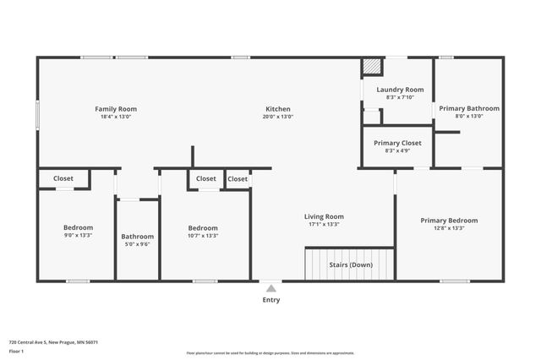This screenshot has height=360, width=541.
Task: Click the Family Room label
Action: coord(116,109)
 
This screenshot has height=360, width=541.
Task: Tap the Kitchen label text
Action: coord(278,109)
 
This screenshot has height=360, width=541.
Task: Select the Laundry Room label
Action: coord(400,90)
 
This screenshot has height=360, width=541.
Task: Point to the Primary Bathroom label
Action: coord(469,108)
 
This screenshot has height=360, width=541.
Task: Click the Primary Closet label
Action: coord(398,143)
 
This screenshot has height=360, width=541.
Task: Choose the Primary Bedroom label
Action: coord(449,220)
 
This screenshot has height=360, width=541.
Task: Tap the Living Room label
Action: coord(324,216)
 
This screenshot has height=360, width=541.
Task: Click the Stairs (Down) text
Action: coord(350,265)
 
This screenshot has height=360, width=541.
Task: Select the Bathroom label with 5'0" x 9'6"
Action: coord(137,237)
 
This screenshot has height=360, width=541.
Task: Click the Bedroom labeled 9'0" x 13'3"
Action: coord(78,227)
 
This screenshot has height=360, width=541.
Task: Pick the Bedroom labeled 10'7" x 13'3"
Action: coord(203,228)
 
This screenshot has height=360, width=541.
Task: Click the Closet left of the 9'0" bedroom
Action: coord(63,178)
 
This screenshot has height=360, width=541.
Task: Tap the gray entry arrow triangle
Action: coord(270,288)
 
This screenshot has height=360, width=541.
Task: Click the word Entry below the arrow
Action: coord(270,300)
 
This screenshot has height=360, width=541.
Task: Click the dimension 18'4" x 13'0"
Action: coord(116,117)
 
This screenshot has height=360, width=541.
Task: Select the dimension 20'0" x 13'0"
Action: coord(278,117)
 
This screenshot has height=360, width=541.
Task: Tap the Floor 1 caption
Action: coord(16,351)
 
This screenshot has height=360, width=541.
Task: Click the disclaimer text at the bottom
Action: coord(270,352)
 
